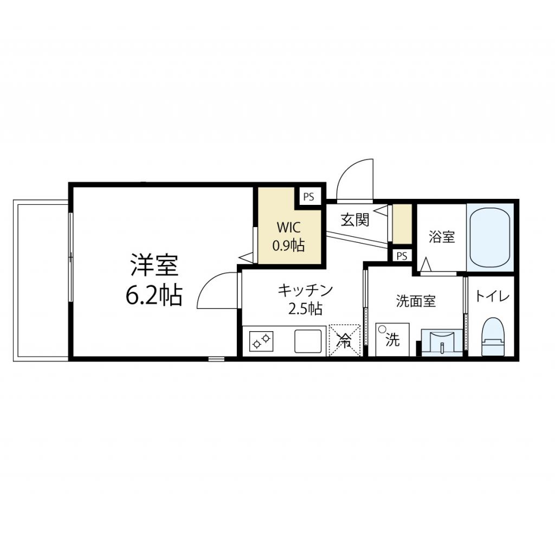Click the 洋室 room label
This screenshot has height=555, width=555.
(x=153, y=266)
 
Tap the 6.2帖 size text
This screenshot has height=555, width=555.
(x=153, y=295)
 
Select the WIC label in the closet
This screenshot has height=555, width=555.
(x=289, y=227)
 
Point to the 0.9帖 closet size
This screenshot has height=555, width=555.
(x=288, y=246)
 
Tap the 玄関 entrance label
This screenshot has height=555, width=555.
(x=355, y=220)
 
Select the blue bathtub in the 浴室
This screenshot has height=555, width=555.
(x=490, y=237)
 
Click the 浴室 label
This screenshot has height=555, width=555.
(x=441, y=236)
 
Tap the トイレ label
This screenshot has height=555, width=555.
(x=493, y=296)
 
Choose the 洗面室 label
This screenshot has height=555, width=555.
(x=416, y=301)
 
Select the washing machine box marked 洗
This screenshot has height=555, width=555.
(x=392, y=340)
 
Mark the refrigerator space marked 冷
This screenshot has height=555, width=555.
(x=345, y=340)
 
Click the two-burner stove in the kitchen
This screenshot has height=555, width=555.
(x=261, y=341)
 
